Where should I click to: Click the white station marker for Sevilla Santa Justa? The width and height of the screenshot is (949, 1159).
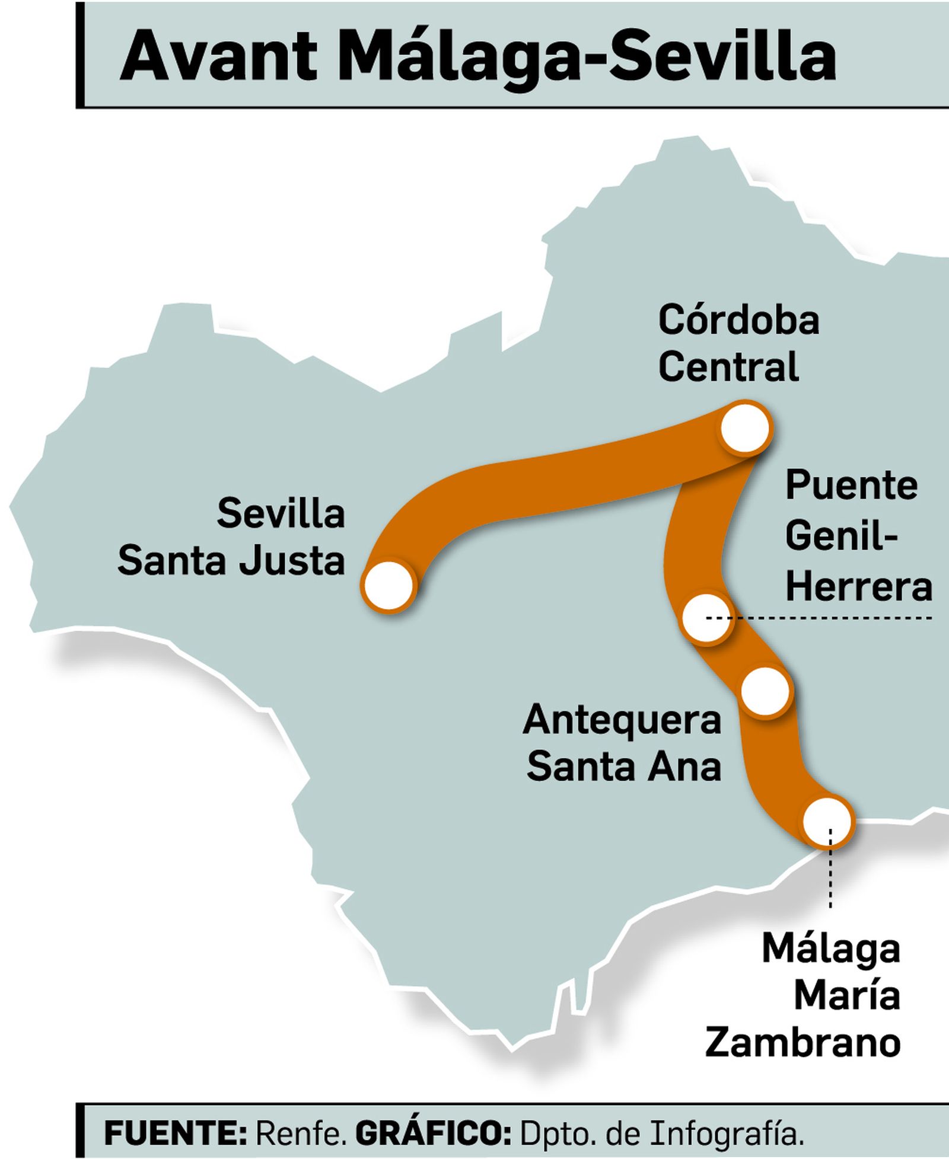[388, 586]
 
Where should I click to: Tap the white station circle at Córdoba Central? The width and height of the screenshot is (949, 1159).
[745, 427]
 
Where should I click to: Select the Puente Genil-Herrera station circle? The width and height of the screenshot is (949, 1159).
[706, 618]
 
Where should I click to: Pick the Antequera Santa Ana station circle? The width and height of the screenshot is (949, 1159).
[766, 691]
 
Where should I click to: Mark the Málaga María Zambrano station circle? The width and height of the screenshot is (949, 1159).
[827, 822]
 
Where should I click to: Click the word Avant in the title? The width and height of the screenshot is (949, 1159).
[218, 57]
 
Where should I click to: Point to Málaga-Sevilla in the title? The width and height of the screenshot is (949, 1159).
[587, 57]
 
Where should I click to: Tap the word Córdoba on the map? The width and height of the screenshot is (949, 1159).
[738, 320]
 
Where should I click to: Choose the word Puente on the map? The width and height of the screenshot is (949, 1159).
[851, 486]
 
